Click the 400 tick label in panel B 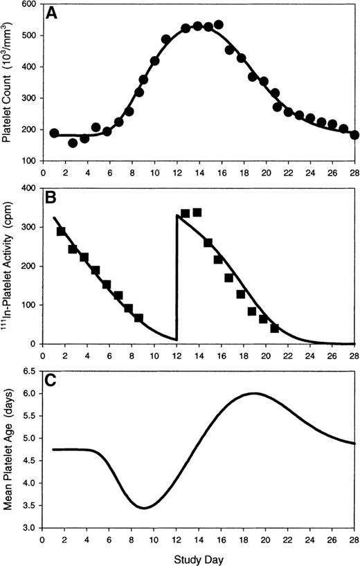[x=29, y=188]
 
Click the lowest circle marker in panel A [x=73, y=143]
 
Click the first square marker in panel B [x=62, y=231]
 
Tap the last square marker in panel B [x=274, y=328]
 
